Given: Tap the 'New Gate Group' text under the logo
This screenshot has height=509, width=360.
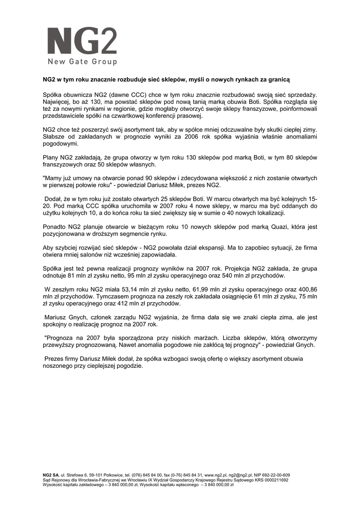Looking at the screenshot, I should [x=82, y=62].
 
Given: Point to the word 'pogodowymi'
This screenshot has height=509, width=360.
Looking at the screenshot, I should [x=60, y=144].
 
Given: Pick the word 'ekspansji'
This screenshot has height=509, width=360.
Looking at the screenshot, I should [x=209, y=248].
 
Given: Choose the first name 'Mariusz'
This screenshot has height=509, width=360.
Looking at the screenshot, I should [x=58, y=317].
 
